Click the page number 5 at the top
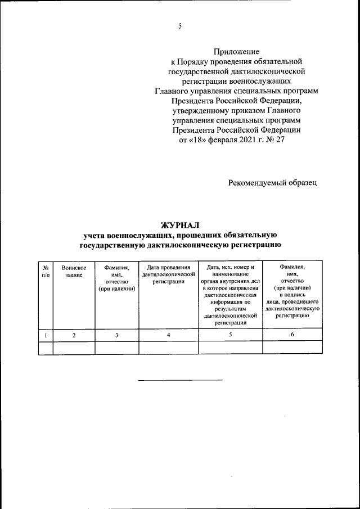[180, 25]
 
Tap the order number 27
[280, 139]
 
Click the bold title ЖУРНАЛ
[180, 226]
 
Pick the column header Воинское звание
[74, 271]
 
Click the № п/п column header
[46, 271]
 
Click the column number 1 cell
[46, 335]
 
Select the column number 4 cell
[169, 335]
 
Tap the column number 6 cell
[292, 335]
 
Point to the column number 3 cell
[116, 335]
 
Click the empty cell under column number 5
[231, 348]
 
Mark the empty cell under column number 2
[74, 348]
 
